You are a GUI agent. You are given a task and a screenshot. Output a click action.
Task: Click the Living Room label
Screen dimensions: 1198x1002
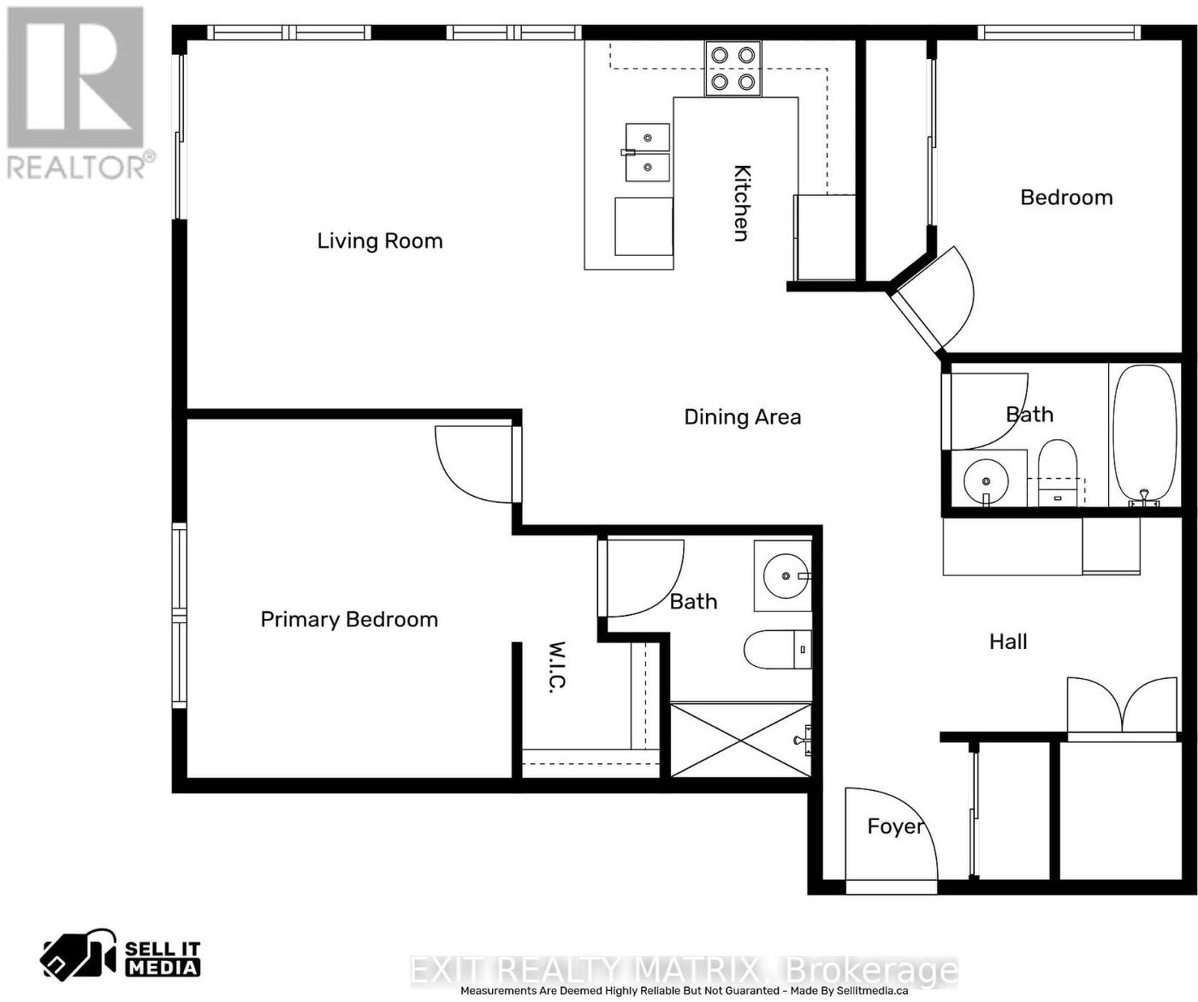[380, 241]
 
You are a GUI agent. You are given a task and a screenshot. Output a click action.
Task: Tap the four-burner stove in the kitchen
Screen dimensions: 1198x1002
[733, 68]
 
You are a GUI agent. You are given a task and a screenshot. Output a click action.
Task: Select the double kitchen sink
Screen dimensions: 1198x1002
[648, 153]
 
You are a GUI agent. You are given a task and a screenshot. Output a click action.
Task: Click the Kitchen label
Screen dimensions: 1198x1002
[741, 203]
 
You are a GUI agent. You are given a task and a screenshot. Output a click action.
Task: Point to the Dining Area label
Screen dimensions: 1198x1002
[743, 417]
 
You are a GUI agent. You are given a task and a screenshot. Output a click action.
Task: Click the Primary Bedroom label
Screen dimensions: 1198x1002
[349, 620]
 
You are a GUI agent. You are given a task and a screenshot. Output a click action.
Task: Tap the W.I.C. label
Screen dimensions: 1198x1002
[556, 666]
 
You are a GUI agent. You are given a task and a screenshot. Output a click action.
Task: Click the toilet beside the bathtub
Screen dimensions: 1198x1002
[1057, 471]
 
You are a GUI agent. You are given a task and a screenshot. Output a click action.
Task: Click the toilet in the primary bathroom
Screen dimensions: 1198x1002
[777, 649]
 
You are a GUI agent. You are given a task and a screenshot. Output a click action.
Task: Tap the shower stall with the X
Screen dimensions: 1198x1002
[741, 739]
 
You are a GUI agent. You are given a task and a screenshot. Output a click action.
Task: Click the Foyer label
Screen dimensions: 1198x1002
[896, 826]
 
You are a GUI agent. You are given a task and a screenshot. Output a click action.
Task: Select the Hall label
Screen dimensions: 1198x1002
[1008, 641]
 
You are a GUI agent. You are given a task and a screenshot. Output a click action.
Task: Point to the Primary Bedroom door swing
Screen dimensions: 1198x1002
[474, 465]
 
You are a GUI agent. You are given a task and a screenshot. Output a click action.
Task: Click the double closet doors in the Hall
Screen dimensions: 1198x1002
[1122, 705]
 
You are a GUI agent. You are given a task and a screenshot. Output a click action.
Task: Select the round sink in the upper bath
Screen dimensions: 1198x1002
[985, 478]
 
